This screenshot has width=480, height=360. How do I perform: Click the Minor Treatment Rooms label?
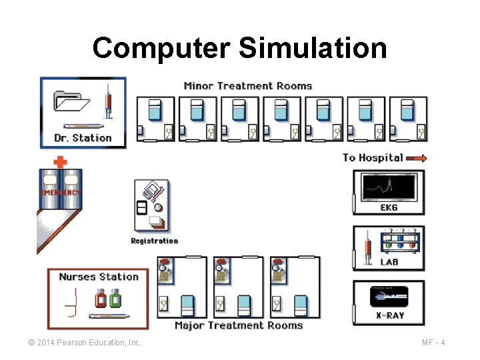[x=247, y=85]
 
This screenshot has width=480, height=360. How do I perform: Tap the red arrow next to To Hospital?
[x=416, y=158]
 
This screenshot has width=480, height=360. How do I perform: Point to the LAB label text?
[x=389, y=262]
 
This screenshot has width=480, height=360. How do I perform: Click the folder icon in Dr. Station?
[x=71, y=101]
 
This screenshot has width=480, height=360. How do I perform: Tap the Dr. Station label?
[x=83, y=138]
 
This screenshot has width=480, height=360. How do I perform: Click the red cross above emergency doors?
[x=60, y=161]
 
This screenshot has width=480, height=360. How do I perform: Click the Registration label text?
[x=154, y=241]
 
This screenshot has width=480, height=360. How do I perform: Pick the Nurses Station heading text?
[x=99, y=277]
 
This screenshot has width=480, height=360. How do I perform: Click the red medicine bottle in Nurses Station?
[x=101, y=299]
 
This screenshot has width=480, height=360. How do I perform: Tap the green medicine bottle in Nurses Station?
[x=115, y=299]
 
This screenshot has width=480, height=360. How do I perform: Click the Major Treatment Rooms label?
[x=239, y=325]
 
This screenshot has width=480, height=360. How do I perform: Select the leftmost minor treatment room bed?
[x=155, y=111]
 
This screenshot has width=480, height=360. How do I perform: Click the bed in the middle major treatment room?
[x=245, y=305]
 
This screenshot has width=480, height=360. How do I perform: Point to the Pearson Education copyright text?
[x=84, y=343]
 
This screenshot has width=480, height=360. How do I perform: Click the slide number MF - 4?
[x=433, y=343]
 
